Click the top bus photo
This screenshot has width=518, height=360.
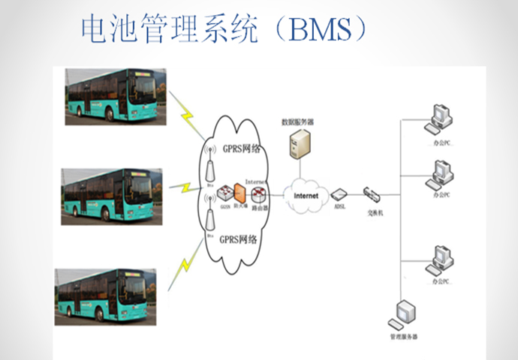coord(113,95)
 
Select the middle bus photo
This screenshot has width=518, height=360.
coord(112,195)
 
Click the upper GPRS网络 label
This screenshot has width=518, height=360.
coord(239,148)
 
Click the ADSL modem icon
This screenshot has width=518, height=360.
coord(338,193)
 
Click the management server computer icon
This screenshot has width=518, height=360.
coord(404,313)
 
